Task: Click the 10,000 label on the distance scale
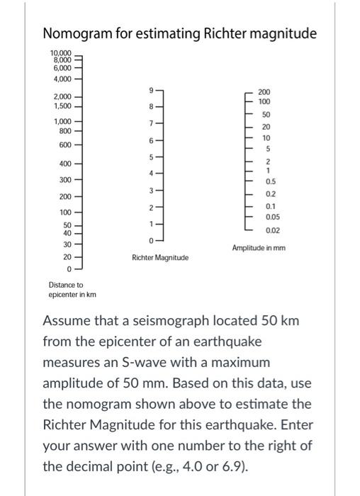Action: (x=60, y=53)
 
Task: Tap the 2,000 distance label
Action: (x=62, y=96)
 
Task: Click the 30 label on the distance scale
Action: (x=67, y=244)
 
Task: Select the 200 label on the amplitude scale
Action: (x=264, y=92)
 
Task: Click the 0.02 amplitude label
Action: (x=270, y=231)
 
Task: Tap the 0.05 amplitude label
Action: (x=270, y=218)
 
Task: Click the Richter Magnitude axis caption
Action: (x=160, y=258)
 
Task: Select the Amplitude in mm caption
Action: (x=258, y=248)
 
